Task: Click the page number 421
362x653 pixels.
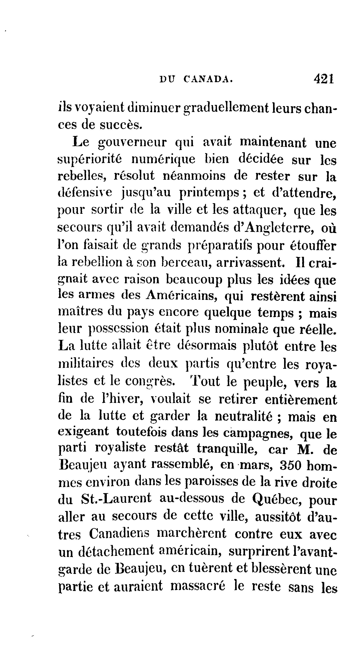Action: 324,79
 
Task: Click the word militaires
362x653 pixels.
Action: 86,363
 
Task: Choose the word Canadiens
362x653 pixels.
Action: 119,534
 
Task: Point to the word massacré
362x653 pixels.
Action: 198,585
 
